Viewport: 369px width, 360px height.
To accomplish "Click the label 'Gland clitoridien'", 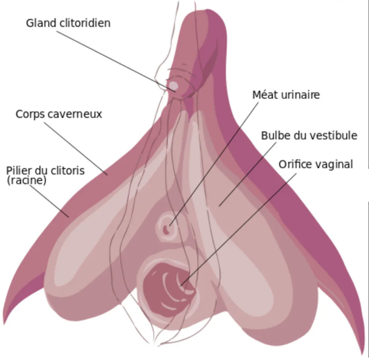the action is tap(68, 23).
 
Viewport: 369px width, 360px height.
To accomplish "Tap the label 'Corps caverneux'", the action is tap(59, 114).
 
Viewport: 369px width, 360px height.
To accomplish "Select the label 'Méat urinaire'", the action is tap(286, 95).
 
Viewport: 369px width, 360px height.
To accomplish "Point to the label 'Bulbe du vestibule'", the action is tap(309, 136).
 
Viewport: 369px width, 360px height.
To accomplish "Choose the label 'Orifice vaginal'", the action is tap(316, 164).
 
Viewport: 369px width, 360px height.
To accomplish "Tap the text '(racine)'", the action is tap(27, 180).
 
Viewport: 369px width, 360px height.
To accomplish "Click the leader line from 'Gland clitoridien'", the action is tap(116, 61).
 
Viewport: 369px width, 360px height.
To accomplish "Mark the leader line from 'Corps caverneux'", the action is tap(76, 148).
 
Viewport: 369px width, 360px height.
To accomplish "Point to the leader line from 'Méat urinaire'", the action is tap(214, 164).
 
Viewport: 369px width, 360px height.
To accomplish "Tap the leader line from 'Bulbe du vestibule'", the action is tap(247, 174).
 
